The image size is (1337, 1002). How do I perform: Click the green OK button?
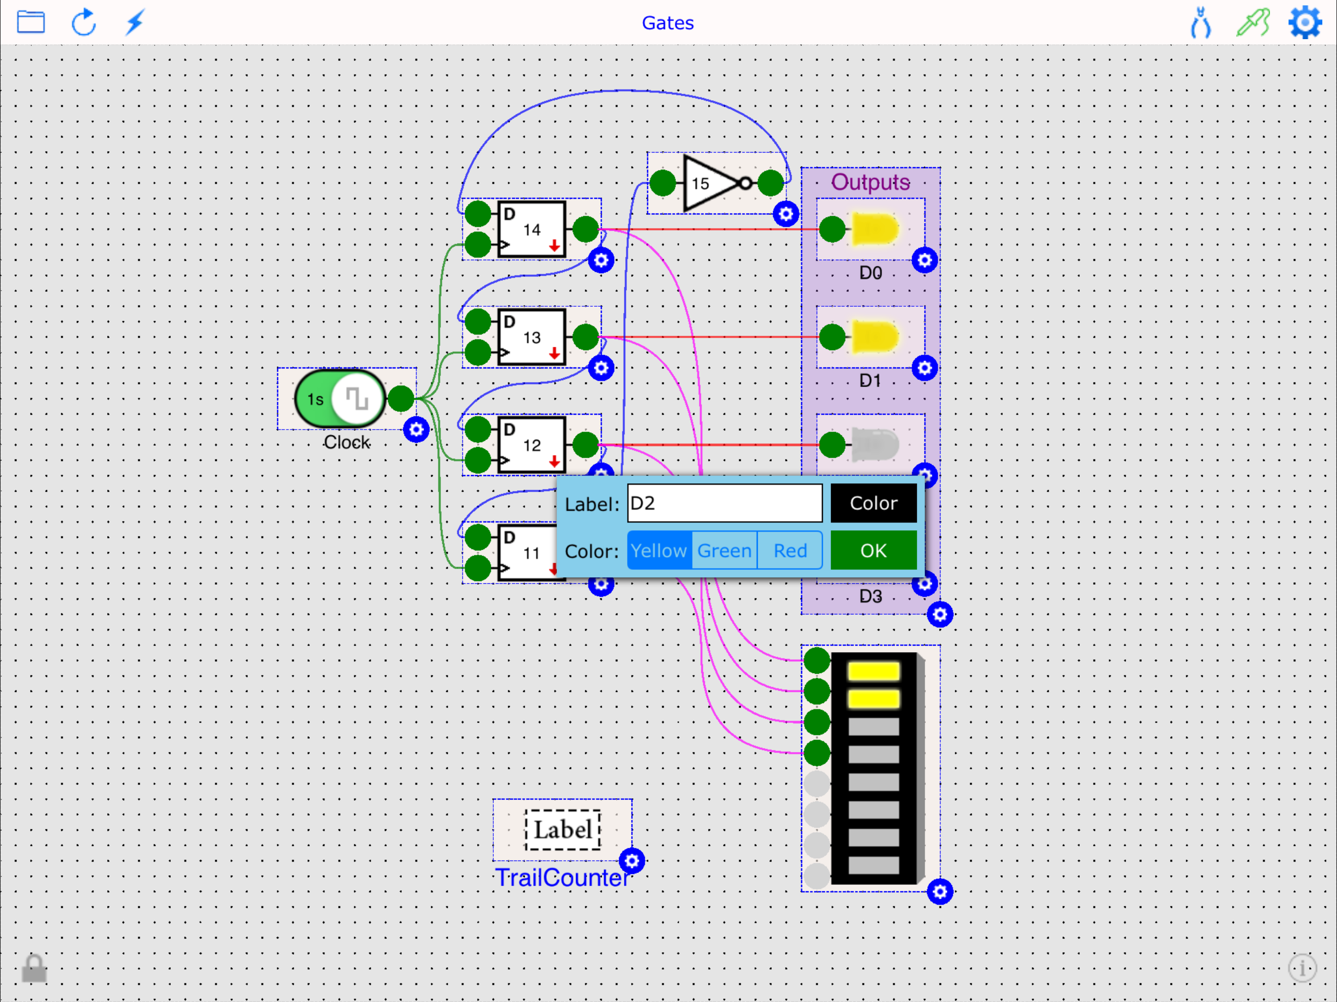tap(873, 550)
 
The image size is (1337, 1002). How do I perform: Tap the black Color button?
tap(873, 503)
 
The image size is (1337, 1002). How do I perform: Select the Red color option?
tap(789, 550)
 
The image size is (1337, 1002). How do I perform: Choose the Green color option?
tap(724, 550)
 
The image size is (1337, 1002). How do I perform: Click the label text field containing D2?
tap(724, 503)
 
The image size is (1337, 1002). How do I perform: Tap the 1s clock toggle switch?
tap(340, 398)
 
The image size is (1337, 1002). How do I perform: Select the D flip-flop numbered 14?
tap(531, 229)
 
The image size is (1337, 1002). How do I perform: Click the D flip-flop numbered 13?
tap(531, 337)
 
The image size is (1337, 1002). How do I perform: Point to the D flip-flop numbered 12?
tap(531, 445)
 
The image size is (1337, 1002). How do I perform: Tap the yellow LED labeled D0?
tap(874, 229)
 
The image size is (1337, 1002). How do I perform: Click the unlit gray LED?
tap(874, 445)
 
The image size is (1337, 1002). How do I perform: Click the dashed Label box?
tap(562, 829)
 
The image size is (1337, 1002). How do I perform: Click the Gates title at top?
tap(668, 23)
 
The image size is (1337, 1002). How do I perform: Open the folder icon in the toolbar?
tap(31, 23)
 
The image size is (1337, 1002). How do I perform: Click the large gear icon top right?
tap(1304, 23)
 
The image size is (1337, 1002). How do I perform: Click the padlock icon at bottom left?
tap(34, 968)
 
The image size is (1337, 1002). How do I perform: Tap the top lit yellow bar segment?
tap(873, 671)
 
